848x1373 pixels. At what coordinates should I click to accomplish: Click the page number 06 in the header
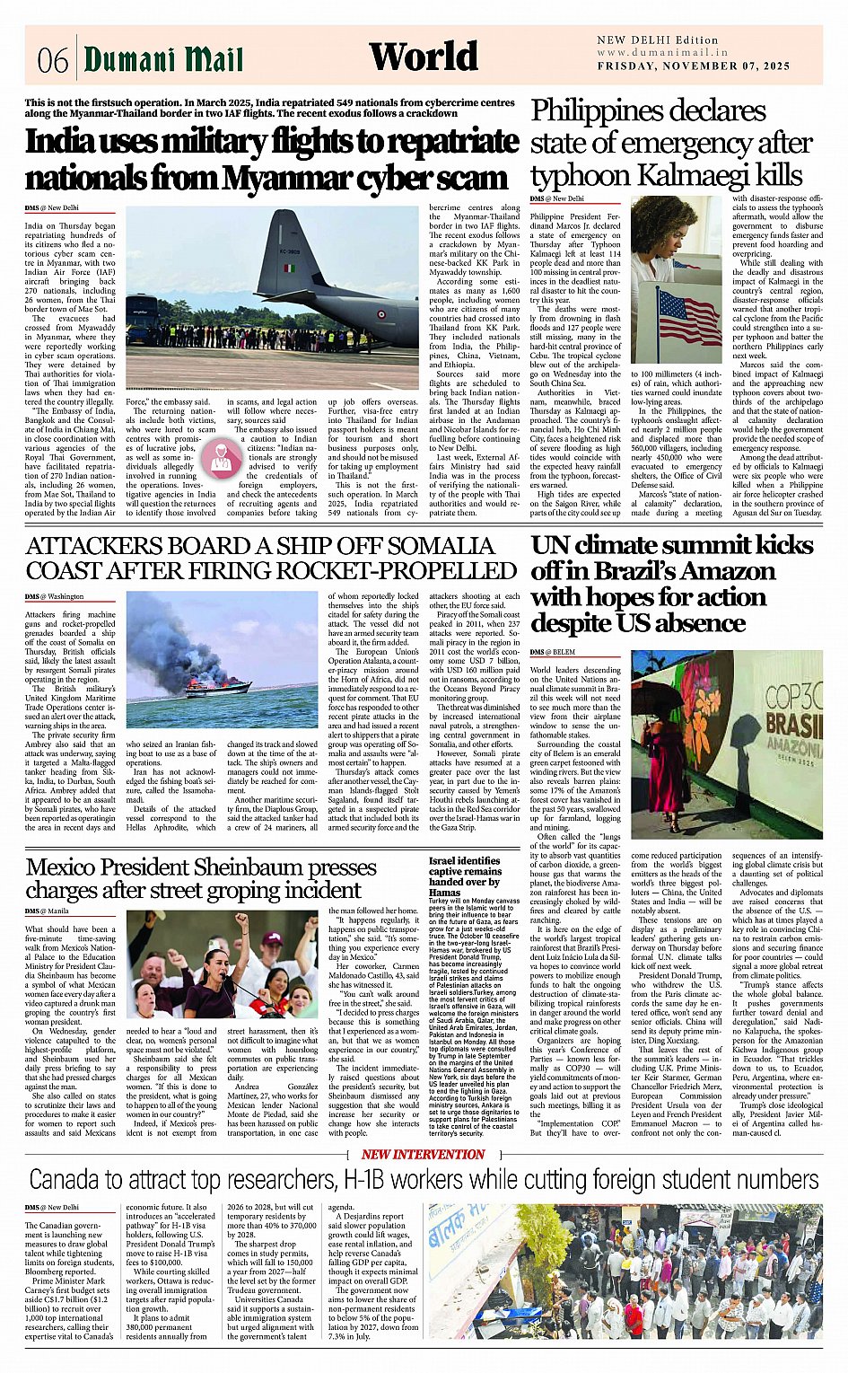(53, 61)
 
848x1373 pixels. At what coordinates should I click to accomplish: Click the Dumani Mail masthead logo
(163, 59)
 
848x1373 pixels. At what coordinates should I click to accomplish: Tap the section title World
(424, 57)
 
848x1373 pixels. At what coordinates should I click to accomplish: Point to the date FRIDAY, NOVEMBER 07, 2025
(693, 66)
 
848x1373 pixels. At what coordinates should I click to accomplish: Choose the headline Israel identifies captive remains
(464, 866)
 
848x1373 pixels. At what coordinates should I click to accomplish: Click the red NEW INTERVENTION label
(423, 1154)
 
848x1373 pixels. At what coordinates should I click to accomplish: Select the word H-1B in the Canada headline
(369, 1179)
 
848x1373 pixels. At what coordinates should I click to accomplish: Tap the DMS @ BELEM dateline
(552, 651)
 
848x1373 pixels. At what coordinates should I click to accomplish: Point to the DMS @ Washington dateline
(54, 596)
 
